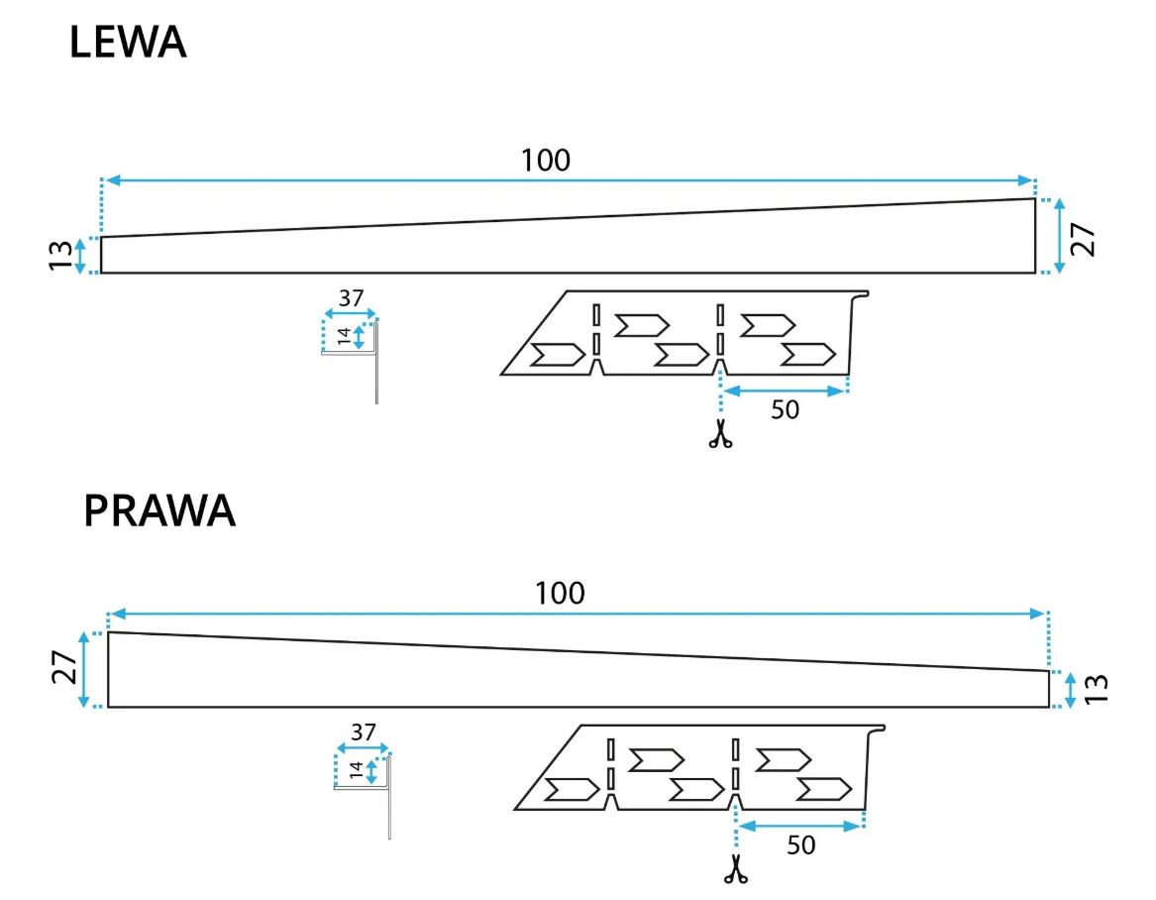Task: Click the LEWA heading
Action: click(x=128, y=45)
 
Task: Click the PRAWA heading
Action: click(x=159, y=511)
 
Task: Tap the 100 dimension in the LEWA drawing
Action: click(x=546, y=160)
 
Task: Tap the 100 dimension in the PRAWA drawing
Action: click(x=560, y=594)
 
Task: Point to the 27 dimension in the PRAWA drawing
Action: click(x=62, y=669)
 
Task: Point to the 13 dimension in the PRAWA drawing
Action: click(x=1097, y=689)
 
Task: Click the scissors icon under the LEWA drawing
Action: click(x=720, y=434)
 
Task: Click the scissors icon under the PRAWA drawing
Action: click(x=735, y=868)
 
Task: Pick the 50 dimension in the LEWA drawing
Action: click(x=785, y=409)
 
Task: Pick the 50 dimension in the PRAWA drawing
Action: click(x=800, y=844)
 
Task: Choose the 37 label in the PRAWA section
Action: click(x=364, y=733)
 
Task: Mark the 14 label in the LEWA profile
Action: click(x=343, y=337)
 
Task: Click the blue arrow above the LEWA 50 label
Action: click(x=785, y=392)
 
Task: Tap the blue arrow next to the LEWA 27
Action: click(x=1060, y=236)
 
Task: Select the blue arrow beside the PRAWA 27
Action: click(x=84, y=669)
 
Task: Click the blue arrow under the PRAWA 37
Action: click(x=364, y=749)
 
